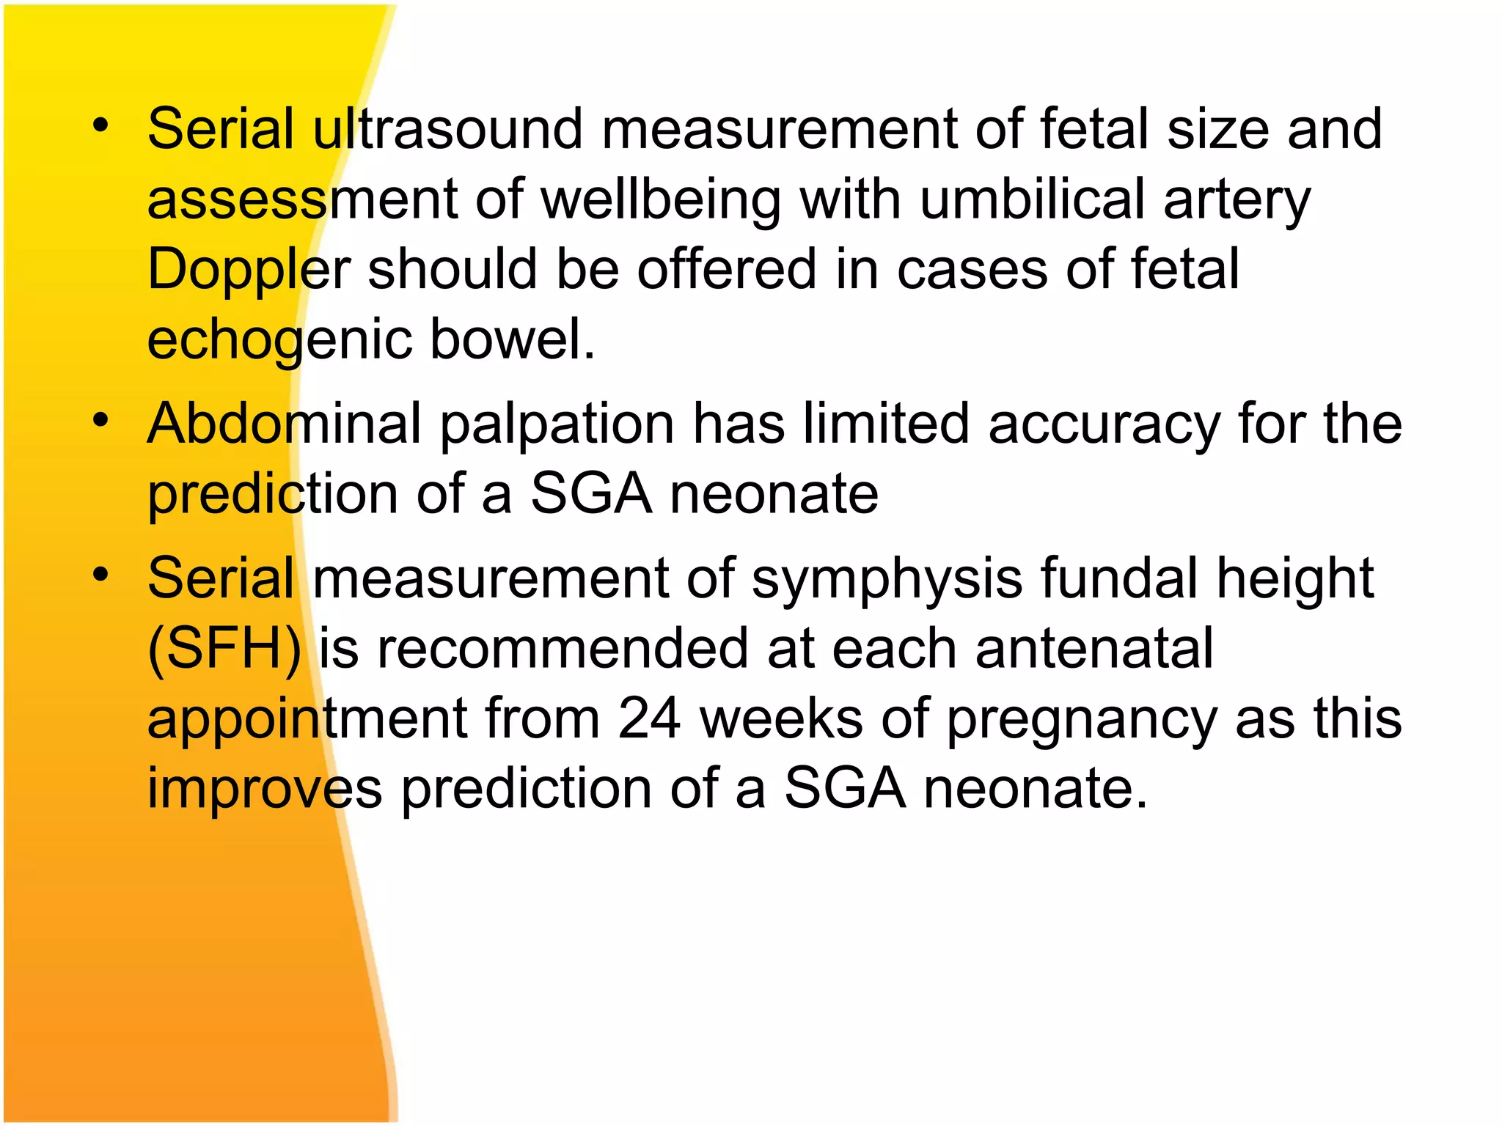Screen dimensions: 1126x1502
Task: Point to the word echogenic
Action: tap(279, 341)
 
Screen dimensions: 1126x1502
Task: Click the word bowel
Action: tap(512, 339)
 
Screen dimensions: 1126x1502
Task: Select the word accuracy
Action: tap(1104, 425)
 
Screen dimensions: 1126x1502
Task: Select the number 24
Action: tap(650, 718)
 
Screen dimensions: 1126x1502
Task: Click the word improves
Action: tap(265, 789)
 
